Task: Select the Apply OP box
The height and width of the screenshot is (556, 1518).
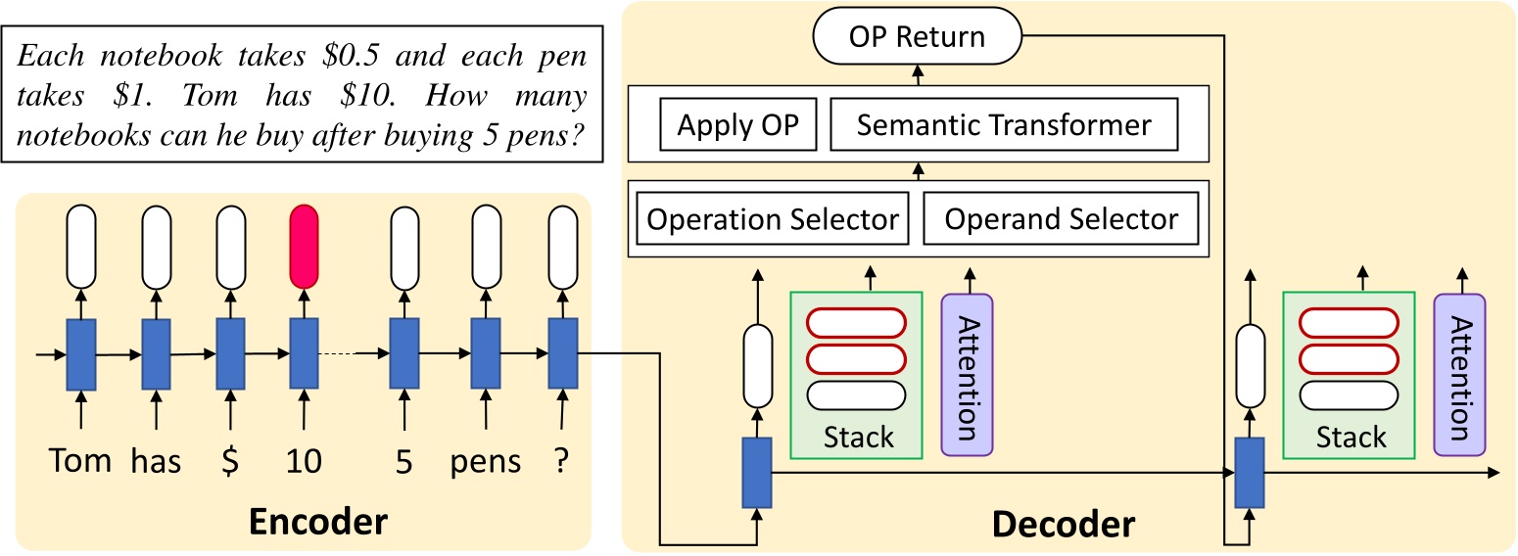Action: pyautogui.click(x=738, y=125)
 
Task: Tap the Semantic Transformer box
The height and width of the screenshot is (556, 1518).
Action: pyautogui.click(x=1003, y=125)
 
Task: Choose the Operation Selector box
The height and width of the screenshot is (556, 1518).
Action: pyautogui.click(x=773, y=219)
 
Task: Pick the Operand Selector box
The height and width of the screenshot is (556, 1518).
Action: pyautogui.click(x=1061, y=219)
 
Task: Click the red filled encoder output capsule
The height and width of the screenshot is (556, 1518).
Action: pyautogui.click(x=305, y=247)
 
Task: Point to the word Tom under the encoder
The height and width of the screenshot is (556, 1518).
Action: pyautogui.click(x=79, y=460)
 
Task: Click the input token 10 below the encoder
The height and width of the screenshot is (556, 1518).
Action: pyautogui.click(x=305, y=461)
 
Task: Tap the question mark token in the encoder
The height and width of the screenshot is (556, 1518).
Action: pyautogui.click(x=561, y=461)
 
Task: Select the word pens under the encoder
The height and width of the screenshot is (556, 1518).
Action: pyautogui.click(x=485, y=461)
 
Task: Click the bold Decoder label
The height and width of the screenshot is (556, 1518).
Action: pyautogui.click(x=1064, y=525)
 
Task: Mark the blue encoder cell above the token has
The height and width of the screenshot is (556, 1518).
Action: pyautogui.click(x=156, y=353)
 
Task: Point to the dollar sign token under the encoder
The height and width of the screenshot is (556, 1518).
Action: pyautogui.click(x=230, y=461)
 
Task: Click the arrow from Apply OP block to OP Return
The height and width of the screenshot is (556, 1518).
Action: pyautogui.click(x=917, y=74)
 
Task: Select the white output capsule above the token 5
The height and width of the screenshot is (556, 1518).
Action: pyautogui.click(x=404, y=247)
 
